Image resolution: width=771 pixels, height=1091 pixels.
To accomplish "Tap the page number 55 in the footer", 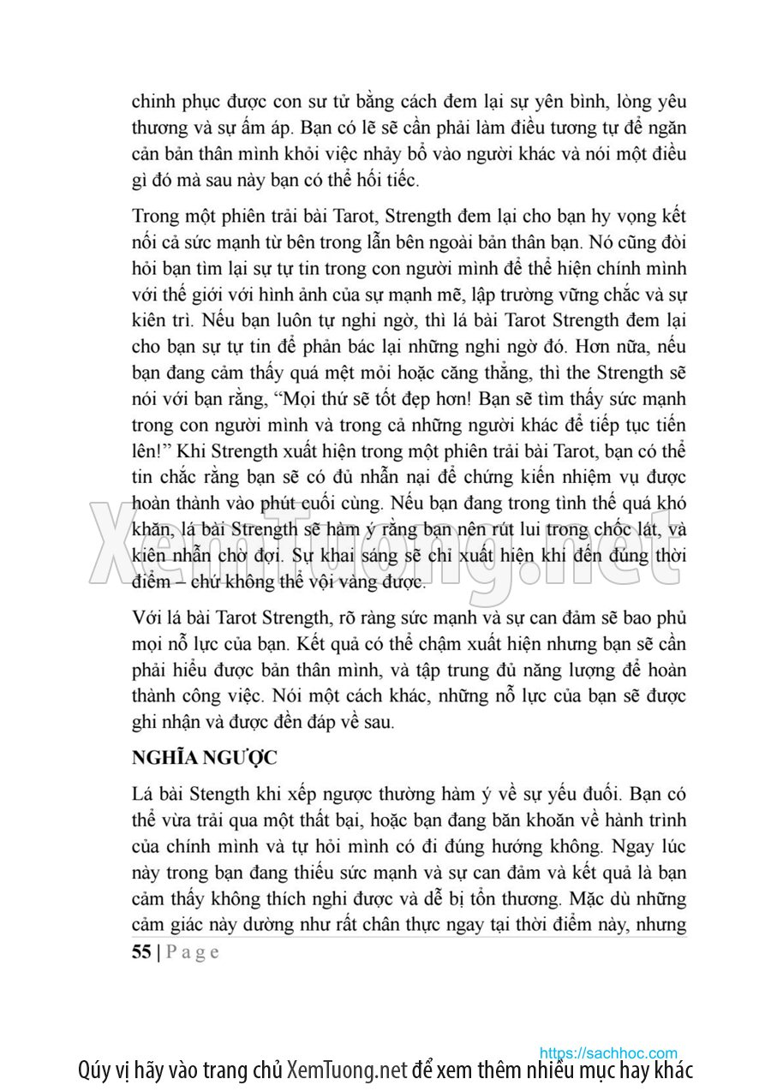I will click(x=141, y=951).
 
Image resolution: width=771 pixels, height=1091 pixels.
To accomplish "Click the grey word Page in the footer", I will click(x=192, y=951).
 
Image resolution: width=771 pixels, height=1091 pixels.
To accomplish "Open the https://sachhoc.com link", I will click(x=608, y=1052).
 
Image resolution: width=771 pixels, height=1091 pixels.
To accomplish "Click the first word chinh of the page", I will click(x=152, y=101).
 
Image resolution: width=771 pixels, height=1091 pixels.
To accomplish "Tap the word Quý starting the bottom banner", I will click(x=93, y=1070).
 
